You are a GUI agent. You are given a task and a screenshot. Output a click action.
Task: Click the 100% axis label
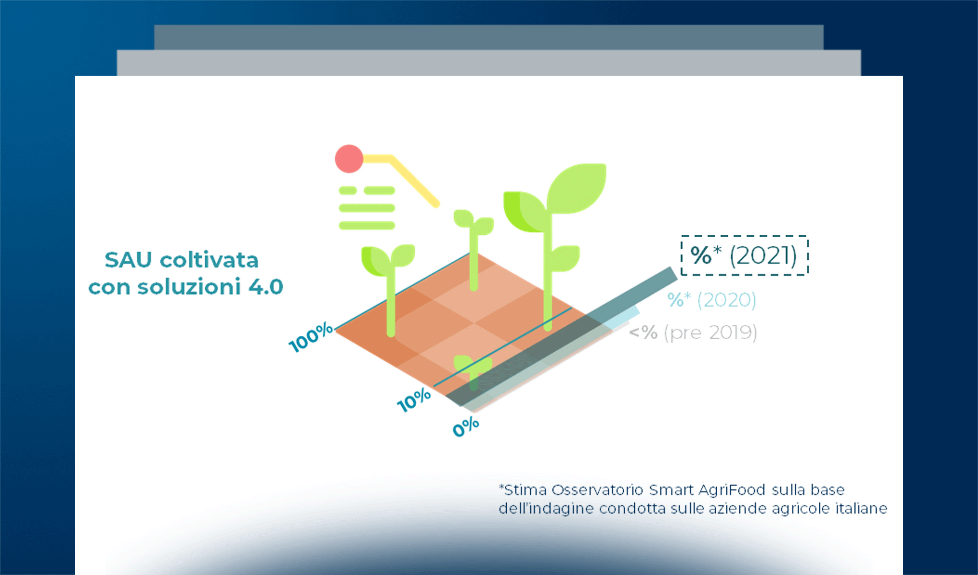[x=311, y=337]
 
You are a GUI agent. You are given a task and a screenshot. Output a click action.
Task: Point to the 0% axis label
[x=466, y=426]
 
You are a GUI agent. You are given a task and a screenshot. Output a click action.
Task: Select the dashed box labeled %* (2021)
[x=745, y=255]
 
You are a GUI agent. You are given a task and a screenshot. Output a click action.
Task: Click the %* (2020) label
[x=712, y=300]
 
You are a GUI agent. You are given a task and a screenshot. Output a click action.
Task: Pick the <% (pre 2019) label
[x=693, y=333]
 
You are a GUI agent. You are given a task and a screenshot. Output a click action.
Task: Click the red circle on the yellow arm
[x=349, y=159]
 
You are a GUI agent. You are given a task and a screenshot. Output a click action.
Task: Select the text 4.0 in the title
[x=266, y=287]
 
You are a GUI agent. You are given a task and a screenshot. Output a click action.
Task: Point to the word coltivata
[x=209, y=260]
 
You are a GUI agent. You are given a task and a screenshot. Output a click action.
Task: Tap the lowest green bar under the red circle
[x=367, y=225]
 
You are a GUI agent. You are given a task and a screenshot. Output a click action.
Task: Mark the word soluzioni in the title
[x=189, y=287]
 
